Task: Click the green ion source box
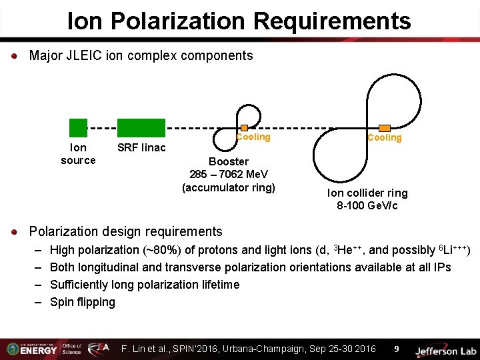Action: pyautogui.click(x=78, y=127)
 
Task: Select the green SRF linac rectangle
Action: pyautogui.click(x=141, y=127)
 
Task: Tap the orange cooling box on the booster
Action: pyautogui.click(x=244, y=127)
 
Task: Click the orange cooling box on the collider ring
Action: pyautogui.click(x=385, y=127)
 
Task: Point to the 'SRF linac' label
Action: pyautogui.click(x=141, y=147)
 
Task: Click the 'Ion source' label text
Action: pyautogui.click(x=78, y=154)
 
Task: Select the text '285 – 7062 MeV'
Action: pyautogui.click(x=229, y=175)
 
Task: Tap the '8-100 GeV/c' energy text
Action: pyautogui.click(x=367, y=206)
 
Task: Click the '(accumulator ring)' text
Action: pyautogui.click(x=229, y=187)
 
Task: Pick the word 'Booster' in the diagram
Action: pyautogui.click(x=229, y=161)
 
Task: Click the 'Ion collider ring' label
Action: pyautogui.click(x=367, y=193)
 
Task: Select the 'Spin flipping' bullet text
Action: pyautogui.click(x=83, y=302)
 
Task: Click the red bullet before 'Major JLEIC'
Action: pyautogui.click(x=15, y=56)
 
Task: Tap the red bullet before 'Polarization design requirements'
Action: pyautogui.click(x=15, y=232)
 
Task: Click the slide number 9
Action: pyautogui.click(x=396, y=349)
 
